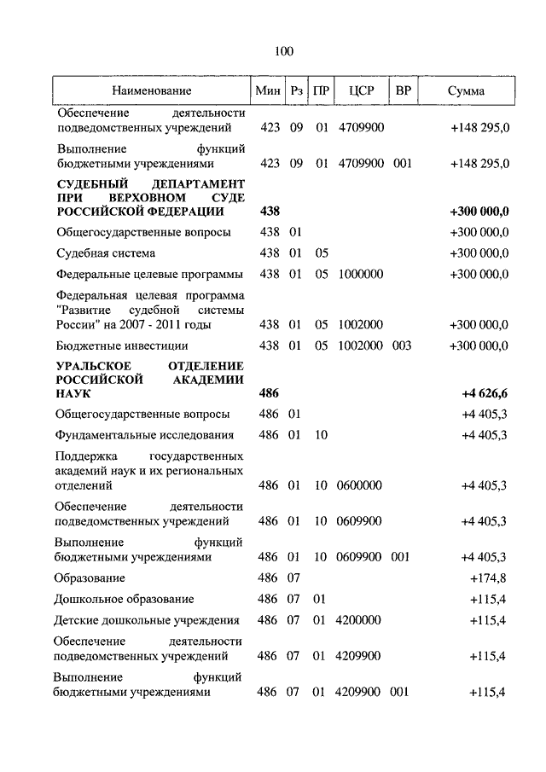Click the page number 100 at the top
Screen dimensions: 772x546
(x=283, y=52)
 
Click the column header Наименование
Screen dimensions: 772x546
(x=150, y=90)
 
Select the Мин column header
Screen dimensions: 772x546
(x=268, y=90)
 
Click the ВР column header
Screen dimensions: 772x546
(x=402, y=90)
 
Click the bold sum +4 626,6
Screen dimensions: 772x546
(x=485, y=393)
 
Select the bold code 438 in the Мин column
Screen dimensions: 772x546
(x=268, y=211)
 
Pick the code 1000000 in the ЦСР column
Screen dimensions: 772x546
(x=361, y=274)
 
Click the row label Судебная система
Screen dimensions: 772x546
(x=106, y=253)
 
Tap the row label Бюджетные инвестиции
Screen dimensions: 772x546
(x=114, y=345)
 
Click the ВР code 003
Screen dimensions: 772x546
(x=402, y=345)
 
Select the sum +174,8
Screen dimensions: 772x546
(x=489, y=578)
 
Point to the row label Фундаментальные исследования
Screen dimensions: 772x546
(x=143, y=435)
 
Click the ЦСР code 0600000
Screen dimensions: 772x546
(x=361, y=485)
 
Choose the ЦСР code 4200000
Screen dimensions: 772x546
(x=361, y=620)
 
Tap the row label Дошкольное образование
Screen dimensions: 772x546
(x=125, y=599)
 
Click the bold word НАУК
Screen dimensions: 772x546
(x=74, y=395)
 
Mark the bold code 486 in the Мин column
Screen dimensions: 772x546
(x=268, y=393)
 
